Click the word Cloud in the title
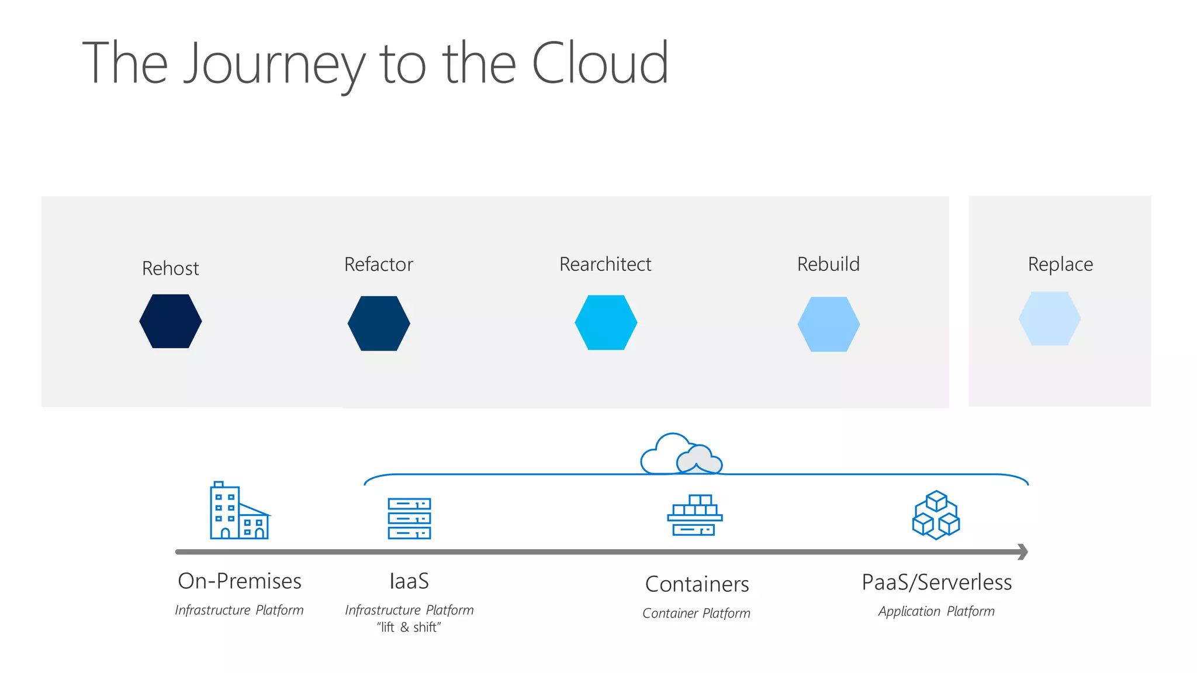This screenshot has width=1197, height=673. (600, 63)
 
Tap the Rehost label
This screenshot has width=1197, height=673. (170, 268)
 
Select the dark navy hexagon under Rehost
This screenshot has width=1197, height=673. (171, 321)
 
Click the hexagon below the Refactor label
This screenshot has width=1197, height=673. (379, 323)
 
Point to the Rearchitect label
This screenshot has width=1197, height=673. (605, 264)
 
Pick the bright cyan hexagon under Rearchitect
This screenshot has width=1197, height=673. (606, 322)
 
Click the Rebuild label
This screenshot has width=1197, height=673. (828, 264)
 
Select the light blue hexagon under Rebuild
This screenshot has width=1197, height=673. (829, 324)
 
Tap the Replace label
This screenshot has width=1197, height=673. (1060, 264)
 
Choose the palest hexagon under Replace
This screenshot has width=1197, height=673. (1050, 318)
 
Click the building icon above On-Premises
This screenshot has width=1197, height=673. (238, 511)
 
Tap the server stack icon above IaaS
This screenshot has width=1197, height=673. (409, 518)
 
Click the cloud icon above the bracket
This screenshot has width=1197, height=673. (680, 455)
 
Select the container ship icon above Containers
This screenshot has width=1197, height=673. (694, 515)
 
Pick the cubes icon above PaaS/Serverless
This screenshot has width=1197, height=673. (936, 515)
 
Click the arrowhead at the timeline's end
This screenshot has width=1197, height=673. (1023, 551)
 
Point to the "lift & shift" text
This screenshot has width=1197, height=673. (409, 627)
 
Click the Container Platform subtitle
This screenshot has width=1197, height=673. (696, 613)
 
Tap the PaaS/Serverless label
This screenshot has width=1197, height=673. (936, 582)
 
